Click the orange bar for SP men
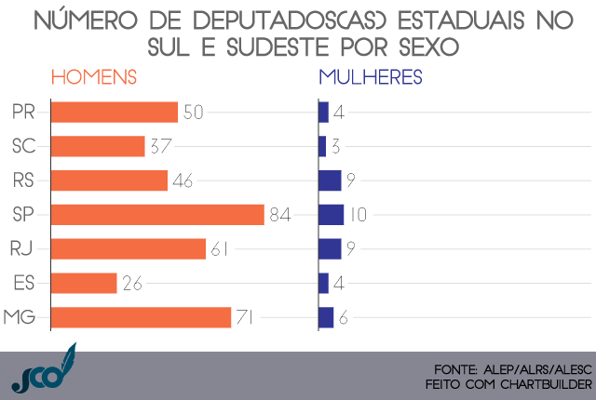tap(158, 215)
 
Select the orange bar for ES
tap(84, 283)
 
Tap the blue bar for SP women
tap(331, 215)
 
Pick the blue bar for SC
tap(322, 146)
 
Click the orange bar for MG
tap(141, 317)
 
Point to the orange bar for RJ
tap(129, 248)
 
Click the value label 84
tap(280, 215)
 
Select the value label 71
tap(245, 317)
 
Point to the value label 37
tap(161, 146)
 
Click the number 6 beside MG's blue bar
tap(344, 317)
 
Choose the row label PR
tap(25, 113)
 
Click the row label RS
tap(25, 180)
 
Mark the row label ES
tap(25, 283)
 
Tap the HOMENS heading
tap(94, 78)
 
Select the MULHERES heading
tap(371, 78)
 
